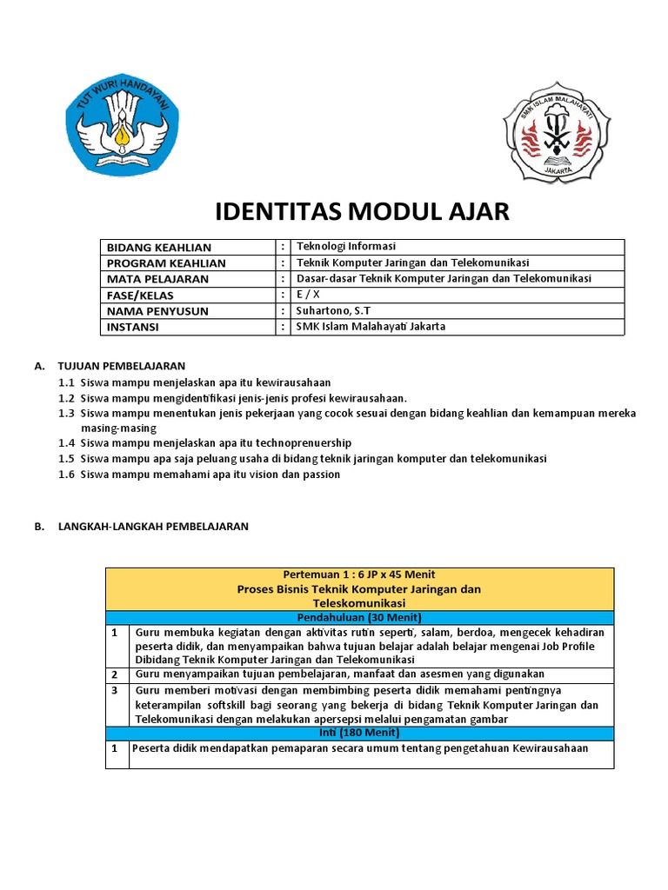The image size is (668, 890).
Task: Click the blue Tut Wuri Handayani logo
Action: (x=124, y=130)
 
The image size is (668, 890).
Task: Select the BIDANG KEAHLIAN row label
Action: (x=159, y=248)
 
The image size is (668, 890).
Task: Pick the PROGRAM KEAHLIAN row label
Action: (x=166, y=263)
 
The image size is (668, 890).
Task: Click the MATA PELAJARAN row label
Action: (x=157, y=279)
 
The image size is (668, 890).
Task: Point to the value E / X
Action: (x=308, y=295)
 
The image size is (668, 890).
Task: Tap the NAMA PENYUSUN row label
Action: (x=157, y=311)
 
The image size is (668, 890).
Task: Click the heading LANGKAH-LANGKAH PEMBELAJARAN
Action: (x=153, y=527)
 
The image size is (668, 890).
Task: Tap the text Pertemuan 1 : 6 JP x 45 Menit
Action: (x=359, y=575)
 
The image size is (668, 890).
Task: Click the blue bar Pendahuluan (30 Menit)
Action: (x=359, y=617)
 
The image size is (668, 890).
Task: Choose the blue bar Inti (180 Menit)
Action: (x=359, y=734)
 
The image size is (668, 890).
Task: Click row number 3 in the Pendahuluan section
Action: (x=114, y=690)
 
